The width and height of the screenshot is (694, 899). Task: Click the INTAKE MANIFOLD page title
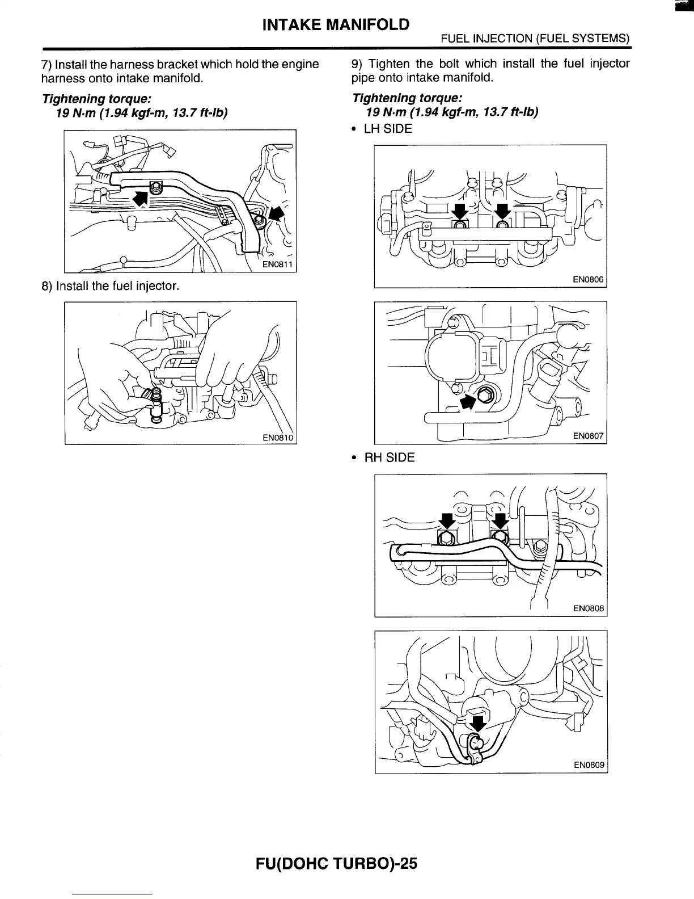[x=336, y=24]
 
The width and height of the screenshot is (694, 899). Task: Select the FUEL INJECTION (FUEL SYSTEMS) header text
[x=536, y=39]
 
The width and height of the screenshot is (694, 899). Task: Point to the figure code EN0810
[x=278, y=438]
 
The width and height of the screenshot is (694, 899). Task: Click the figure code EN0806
[x=589, y=280]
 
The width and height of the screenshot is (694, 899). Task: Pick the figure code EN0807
[x=589, y=436]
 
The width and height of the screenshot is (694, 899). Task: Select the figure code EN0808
[x=589, y=608]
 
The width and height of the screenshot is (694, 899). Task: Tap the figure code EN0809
[x=589, y=765]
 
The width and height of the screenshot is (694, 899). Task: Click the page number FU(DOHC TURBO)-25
[x=337, y=863]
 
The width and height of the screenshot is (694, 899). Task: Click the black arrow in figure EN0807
[x=468, y=401]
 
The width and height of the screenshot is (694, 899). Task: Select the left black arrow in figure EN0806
[x=460, y=211]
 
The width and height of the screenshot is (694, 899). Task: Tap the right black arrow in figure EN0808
[x=500, y=521]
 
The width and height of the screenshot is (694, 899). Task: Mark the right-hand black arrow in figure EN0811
[x=276, y=214]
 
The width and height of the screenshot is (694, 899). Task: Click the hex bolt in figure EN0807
[x=486, y=395]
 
